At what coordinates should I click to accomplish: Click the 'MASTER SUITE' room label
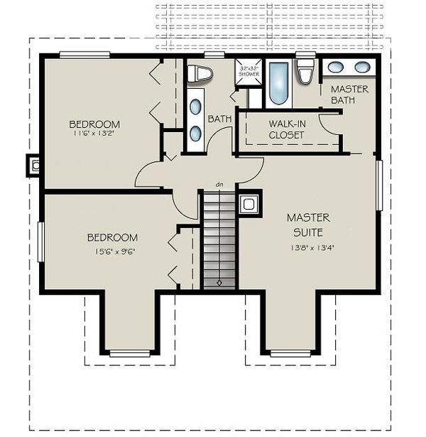[306, 225]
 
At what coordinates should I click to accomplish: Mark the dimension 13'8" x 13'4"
[306, 247]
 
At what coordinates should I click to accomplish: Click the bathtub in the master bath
[280, 85]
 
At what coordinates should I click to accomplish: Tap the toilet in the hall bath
[202, 73]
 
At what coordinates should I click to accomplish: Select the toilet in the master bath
[306, 74]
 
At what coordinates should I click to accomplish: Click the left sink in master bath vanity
[336, 68]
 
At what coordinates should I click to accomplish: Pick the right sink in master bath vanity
[361, 68]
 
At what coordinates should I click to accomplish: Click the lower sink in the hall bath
[195, 133]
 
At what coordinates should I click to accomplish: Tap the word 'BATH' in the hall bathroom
[219, 119]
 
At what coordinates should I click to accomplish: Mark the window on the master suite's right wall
[380, 185]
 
